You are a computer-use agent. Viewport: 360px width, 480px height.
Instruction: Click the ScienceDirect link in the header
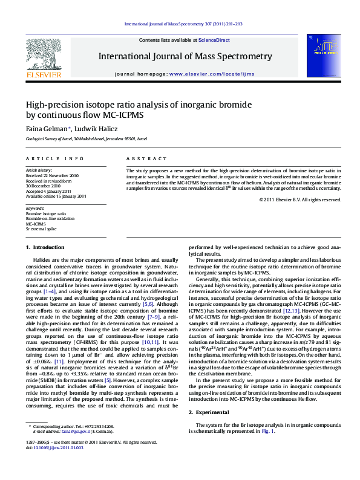tap(215, 40)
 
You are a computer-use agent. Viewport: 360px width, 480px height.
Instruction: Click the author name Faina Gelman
tap(48, 128)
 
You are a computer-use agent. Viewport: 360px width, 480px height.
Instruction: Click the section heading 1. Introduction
tap(45, 247)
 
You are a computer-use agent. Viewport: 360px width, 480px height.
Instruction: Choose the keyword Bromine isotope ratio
tap(46, 213)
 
